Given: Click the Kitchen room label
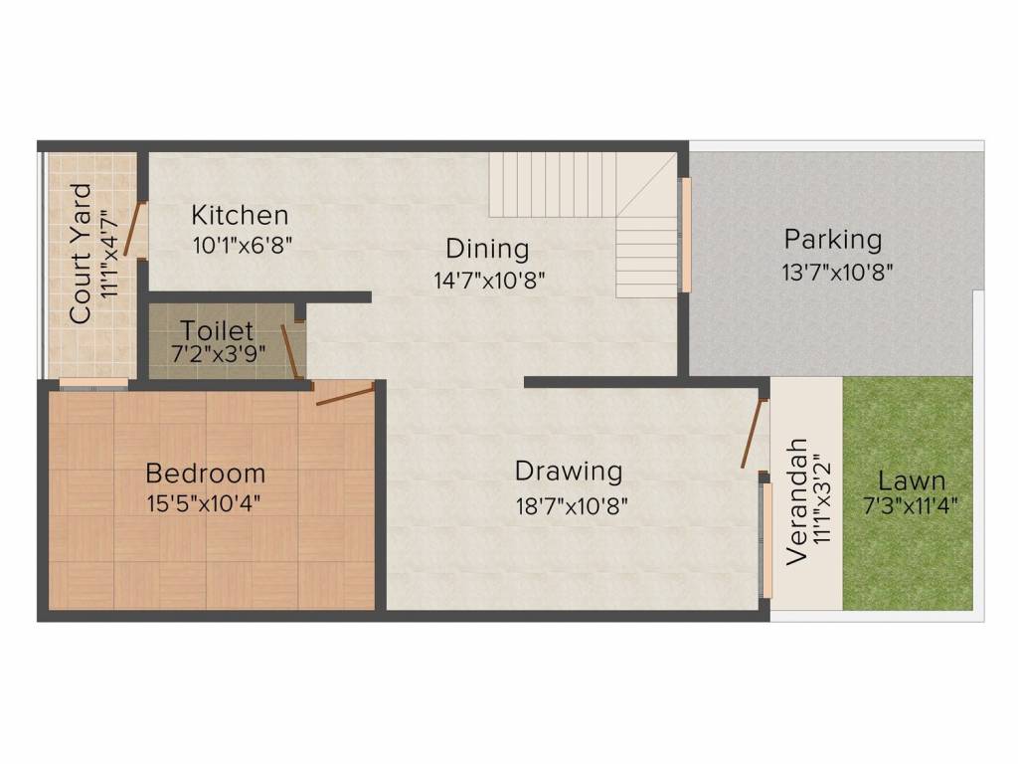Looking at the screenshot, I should coord(240,215).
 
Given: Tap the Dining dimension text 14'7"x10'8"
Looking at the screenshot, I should coord(489,280).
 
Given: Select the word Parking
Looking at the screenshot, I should coord(832,240).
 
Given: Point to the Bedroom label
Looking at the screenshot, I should coord(205,474).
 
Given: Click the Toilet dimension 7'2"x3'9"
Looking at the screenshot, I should coord(216,355).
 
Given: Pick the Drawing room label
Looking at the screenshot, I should coord(568,471).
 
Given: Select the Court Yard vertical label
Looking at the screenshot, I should coord(82,253).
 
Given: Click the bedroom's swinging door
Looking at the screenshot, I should coord(345,394).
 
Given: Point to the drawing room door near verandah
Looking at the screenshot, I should coord(754,434).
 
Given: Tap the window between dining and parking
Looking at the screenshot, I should coord(685,235).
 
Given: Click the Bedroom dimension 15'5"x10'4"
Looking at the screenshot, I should coord(206,505).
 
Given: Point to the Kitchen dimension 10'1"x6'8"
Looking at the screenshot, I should coord(242,244).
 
